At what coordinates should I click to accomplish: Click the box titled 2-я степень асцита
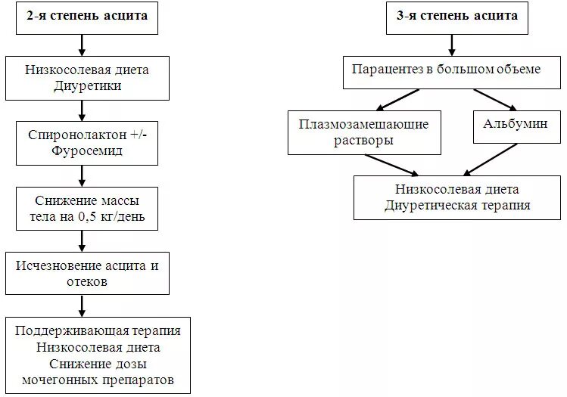(87, 17)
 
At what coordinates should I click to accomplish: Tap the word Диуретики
(89, 85)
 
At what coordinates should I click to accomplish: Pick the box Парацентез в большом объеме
(446, 70)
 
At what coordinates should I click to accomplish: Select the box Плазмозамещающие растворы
(363, 132)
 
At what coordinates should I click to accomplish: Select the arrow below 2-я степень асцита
(82, 44)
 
